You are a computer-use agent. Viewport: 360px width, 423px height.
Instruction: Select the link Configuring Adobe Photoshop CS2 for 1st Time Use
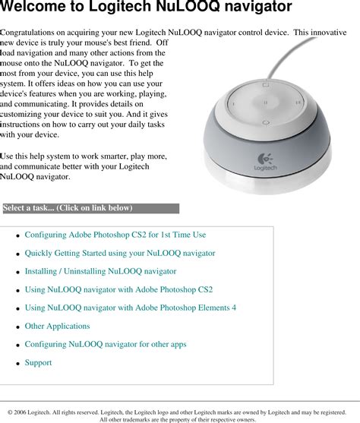click(125, 235)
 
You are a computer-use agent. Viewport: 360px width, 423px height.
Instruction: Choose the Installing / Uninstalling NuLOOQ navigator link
click(100, 272)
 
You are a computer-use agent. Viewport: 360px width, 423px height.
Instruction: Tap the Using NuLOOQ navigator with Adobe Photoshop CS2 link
click(118, 290)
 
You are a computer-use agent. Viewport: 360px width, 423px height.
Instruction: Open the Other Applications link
click(57, 327)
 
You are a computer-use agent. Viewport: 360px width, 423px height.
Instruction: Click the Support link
click(38, 363)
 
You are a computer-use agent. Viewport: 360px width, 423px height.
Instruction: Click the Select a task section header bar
click(90, 208)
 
